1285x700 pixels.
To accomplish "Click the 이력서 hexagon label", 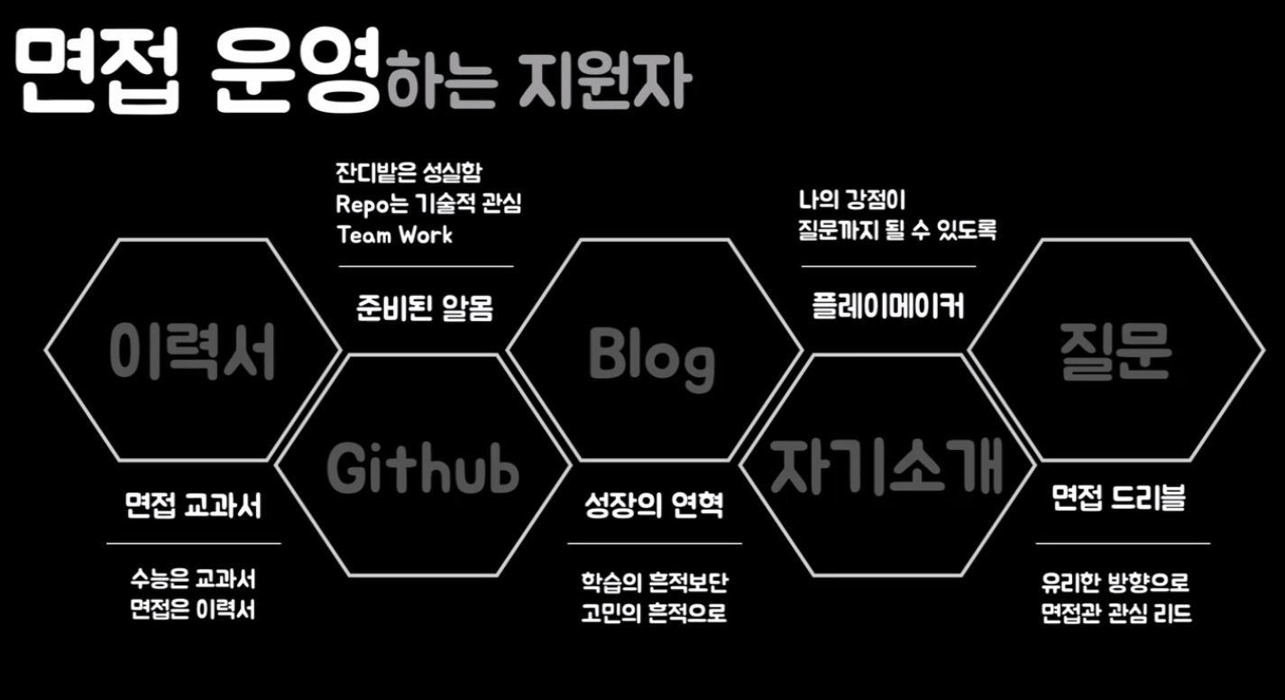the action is [192, 352].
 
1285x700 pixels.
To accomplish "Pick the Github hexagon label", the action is [422, 467].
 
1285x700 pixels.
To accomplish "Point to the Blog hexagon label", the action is [651, 355].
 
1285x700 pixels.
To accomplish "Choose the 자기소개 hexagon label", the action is [886, 466].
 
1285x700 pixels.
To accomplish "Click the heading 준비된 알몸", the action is [424, 309].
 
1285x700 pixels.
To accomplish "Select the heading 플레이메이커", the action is [887, 307].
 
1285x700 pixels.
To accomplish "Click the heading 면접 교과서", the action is [193, 505].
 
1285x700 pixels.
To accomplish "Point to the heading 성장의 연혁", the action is [653, 505].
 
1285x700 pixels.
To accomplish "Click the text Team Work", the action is [394, 235].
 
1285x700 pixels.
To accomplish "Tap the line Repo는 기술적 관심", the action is [428, 204].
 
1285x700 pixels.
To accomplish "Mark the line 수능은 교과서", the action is [193, 578].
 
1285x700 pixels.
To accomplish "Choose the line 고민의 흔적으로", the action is [654, 612].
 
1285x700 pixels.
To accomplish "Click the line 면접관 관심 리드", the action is [1116, 612].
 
